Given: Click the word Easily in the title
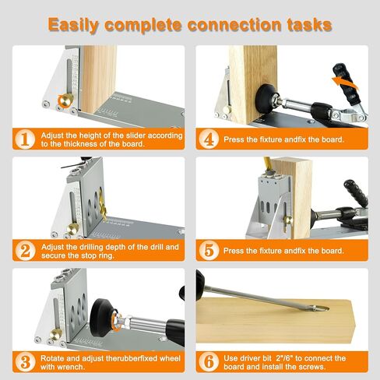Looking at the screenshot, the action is click(x=73, y=25).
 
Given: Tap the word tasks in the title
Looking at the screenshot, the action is click(x=310, y=25).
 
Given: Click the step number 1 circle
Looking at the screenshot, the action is click(x=25, y=139).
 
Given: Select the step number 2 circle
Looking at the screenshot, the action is click(x=25, y=251).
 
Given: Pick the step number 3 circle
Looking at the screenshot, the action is click(x=25, y=362).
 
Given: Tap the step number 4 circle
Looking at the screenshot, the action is click(x=209, y=139).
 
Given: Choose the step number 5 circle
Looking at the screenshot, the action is click(x=209, y=251).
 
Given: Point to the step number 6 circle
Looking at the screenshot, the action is click(x=209, y=362).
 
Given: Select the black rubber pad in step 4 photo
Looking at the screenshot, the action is click(x=265, y=97).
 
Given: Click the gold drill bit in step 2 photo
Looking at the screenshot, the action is click(x=102, y=205).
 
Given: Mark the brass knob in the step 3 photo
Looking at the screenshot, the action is click(x=55, y=334).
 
